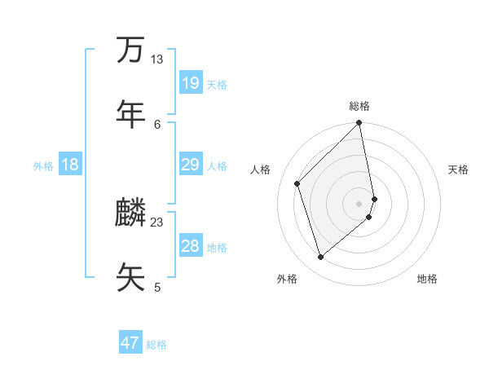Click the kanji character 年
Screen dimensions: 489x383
pyautogui.click(x=130, y=113)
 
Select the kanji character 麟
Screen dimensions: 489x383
pyautogui.click(x=130, y=213)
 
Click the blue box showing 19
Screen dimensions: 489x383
pyautogui.click(x=190, y=83)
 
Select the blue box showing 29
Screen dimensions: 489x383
pyautogui.click(x=190, y=165)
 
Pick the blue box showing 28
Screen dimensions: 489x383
pyautogui.click(x=190, y=246)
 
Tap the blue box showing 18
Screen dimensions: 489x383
pyautogui.click(x=70, y=165)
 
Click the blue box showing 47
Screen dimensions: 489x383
pyautogui.click(x=130, y=343)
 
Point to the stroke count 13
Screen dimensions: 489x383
pyautogui.click(x=156, y=59)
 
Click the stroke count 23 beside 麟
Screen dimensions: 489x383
pyautogui.click(x=156, y=222)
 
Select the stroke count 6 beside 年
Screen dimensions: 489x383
pyautogui.click(x=157, y=124)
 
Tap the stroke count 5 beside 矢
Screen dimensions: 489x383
pyautogui.click(x=157, y=287)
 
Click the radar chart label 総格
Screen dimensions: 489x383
pyautogui.click(x=359, y=106)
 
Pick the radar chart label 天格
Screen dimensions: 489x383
pyautogui.click(x=458, y=169)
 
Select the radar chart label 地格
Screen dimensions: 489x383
pyautogui.click(x=427, y=279)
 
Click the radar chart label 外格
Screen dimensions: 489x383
pyautogui.click(x=287, y=279)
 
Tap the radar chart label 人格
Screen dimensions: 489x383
pyautogui.click(x=261, y=169)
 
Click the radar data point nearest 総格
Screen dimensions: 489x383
pyautogui.click(x=359, y=123)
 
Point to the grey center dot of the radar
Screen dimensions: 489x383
pyautogui.click(x=359, y=203)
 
